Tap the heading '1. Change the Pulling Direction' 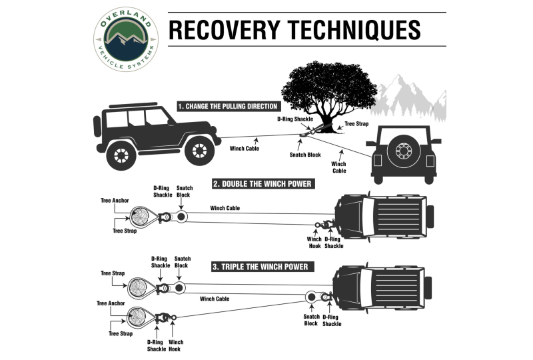pyautogui.click(x=228, y=106)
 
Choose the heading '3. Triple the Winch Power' pyautogui.click(x=261, y=267)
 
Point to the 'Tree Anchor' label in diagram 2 pyautogui.click(x=115, y=199)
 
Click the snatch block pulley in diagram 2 pyautogui.click(x=182, y=218)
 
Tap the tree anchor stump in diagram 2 pyautogui.click(x=142, y=217)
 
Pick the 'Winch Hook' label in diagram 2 pyautogui.click(x=314, y=242)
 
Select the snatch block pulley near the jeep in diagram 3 pyautogui.click(x=310, y=297)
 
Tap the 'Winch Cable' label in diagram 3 pyautogui.click(x=215, y=299)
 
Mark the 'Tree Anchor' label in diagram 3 pyautogui.click(x=111, y=303)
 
